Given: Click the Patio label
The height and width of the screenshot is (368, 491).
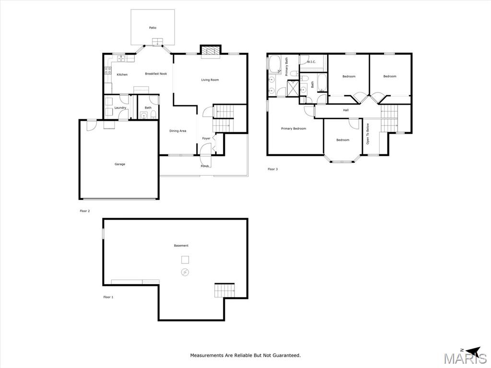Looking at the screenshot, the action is [152, 28].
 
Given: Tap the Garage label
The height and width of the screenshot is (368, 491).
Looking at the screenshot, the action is [119, 164].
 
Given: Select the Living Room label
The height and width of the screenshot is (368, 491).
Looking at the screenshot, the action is [210, 80].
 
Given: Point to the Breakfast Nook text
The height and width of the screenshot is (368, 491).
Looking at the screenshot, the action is [156, 74].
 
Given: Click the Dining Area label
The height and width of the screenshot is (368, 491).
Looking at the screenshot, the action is [178, 131].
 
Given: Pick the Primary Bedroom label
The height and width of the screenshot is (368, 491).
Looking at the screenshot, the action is [293, 128].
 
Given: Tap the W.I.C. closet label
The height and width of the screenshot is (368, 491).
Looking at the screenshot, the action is [311, 62].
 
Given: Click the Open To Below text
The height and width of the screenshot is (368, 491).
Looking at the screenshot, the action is [368, 134].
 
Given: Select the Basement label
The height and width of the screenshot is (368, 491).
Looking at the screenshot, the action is [181, 246].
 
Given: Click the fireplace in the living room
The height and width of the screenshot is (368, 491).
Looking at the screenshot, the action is [210, 51].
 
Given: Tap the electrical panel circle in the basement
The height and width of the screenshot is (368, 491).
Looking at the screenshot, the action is [185, 273].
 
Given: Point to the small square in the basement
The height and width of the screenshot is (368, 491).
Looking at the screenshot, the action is [185, 260].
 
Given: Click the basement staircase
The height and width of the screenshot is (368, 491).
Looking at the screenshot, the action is [224, 290].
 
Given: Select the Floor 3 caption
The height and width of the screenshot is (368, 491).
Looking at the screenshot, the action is [272, 169].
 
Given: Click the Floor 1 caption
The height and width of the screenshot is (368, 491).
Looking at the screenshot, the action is [108, 297].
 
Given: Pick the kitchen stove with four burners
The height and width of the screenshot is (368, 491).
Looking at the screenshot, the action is [108, 70].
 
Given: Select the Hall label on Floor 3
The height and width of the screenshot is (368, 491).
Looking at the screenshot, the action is [346, 110].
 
